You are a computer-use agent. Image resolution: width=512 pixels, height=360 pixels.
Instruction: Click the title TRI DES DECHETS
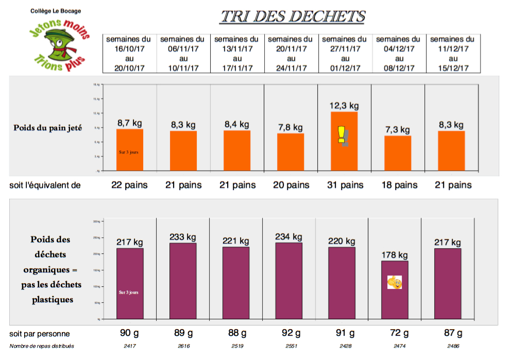293,16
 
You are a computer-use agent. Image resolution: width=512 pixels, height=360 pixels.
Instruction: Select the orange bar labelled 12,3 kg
344,141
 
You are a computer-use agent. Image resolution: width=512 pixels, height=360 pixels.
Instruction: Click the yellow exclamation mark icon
341,135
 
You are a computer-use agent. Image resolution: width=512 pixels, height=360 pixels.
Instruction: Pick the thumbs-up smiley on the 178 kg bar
395,282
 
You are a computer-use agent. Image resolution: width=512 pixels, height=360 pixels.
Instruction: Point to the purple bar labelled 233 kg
183,281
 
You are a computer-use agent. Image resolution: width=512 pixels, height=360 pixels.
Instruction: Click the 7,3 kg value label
398,130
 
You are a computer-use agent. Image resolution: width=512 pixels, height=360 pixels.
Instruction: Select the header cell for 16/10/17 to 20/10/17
128,54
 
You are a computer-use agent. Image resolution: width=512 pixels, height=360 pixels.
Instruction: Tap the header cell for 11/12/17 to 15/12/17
452,54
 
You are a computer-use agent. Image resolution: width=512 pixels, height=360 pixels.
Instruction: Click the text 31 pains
344,185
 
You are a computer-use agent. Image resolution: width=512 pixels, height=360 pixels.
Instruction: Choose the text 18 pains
398,185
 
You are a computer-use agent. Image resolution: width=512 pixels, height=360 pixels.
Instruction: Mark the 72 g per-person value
398,333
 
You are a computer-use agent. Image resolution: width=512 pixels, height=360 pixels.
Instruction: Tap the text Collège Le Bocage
56,11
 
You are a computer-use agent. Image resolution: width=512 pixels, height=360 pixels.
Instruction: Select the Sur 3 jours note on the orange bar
129,152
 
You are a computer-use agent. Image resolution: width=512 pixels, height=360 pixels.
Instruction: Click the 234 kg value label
289,237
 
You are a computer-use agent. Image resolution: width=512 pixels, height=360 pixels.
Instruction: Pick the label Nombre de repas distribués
42,346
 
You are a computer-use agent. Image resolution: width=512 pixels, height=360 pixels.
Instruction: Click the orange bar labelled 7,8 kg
291,152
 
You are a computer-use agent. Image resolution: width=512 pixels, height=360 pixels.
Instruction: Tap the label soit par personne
40,334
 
